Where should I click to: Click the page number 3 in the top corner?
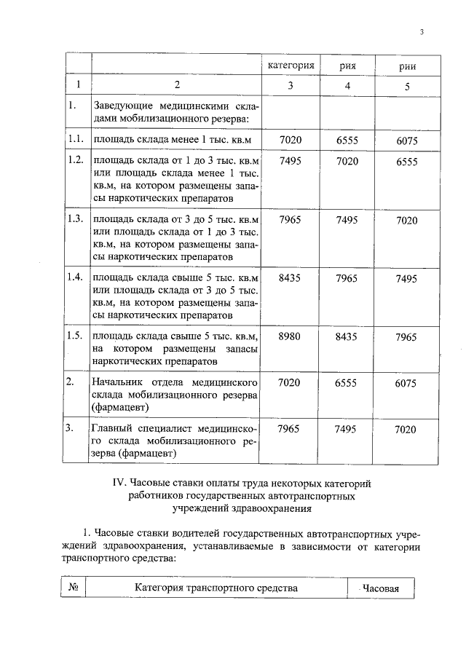pos(422,31)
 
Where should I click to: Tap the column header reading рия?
pos(347,66)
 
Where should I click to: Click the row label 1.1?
pos(74,138)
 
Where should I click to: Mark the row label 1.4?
pos(74,277)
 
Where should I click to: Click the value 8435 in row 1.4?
pos(290,277)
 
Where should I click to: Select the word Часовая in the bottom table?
pos(381,588)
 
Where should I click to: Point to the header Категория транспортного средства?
pos(216,588)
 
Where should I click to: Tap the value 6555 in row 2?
pos(347,383)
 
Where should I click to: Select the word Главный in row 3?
pos(109,429)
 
